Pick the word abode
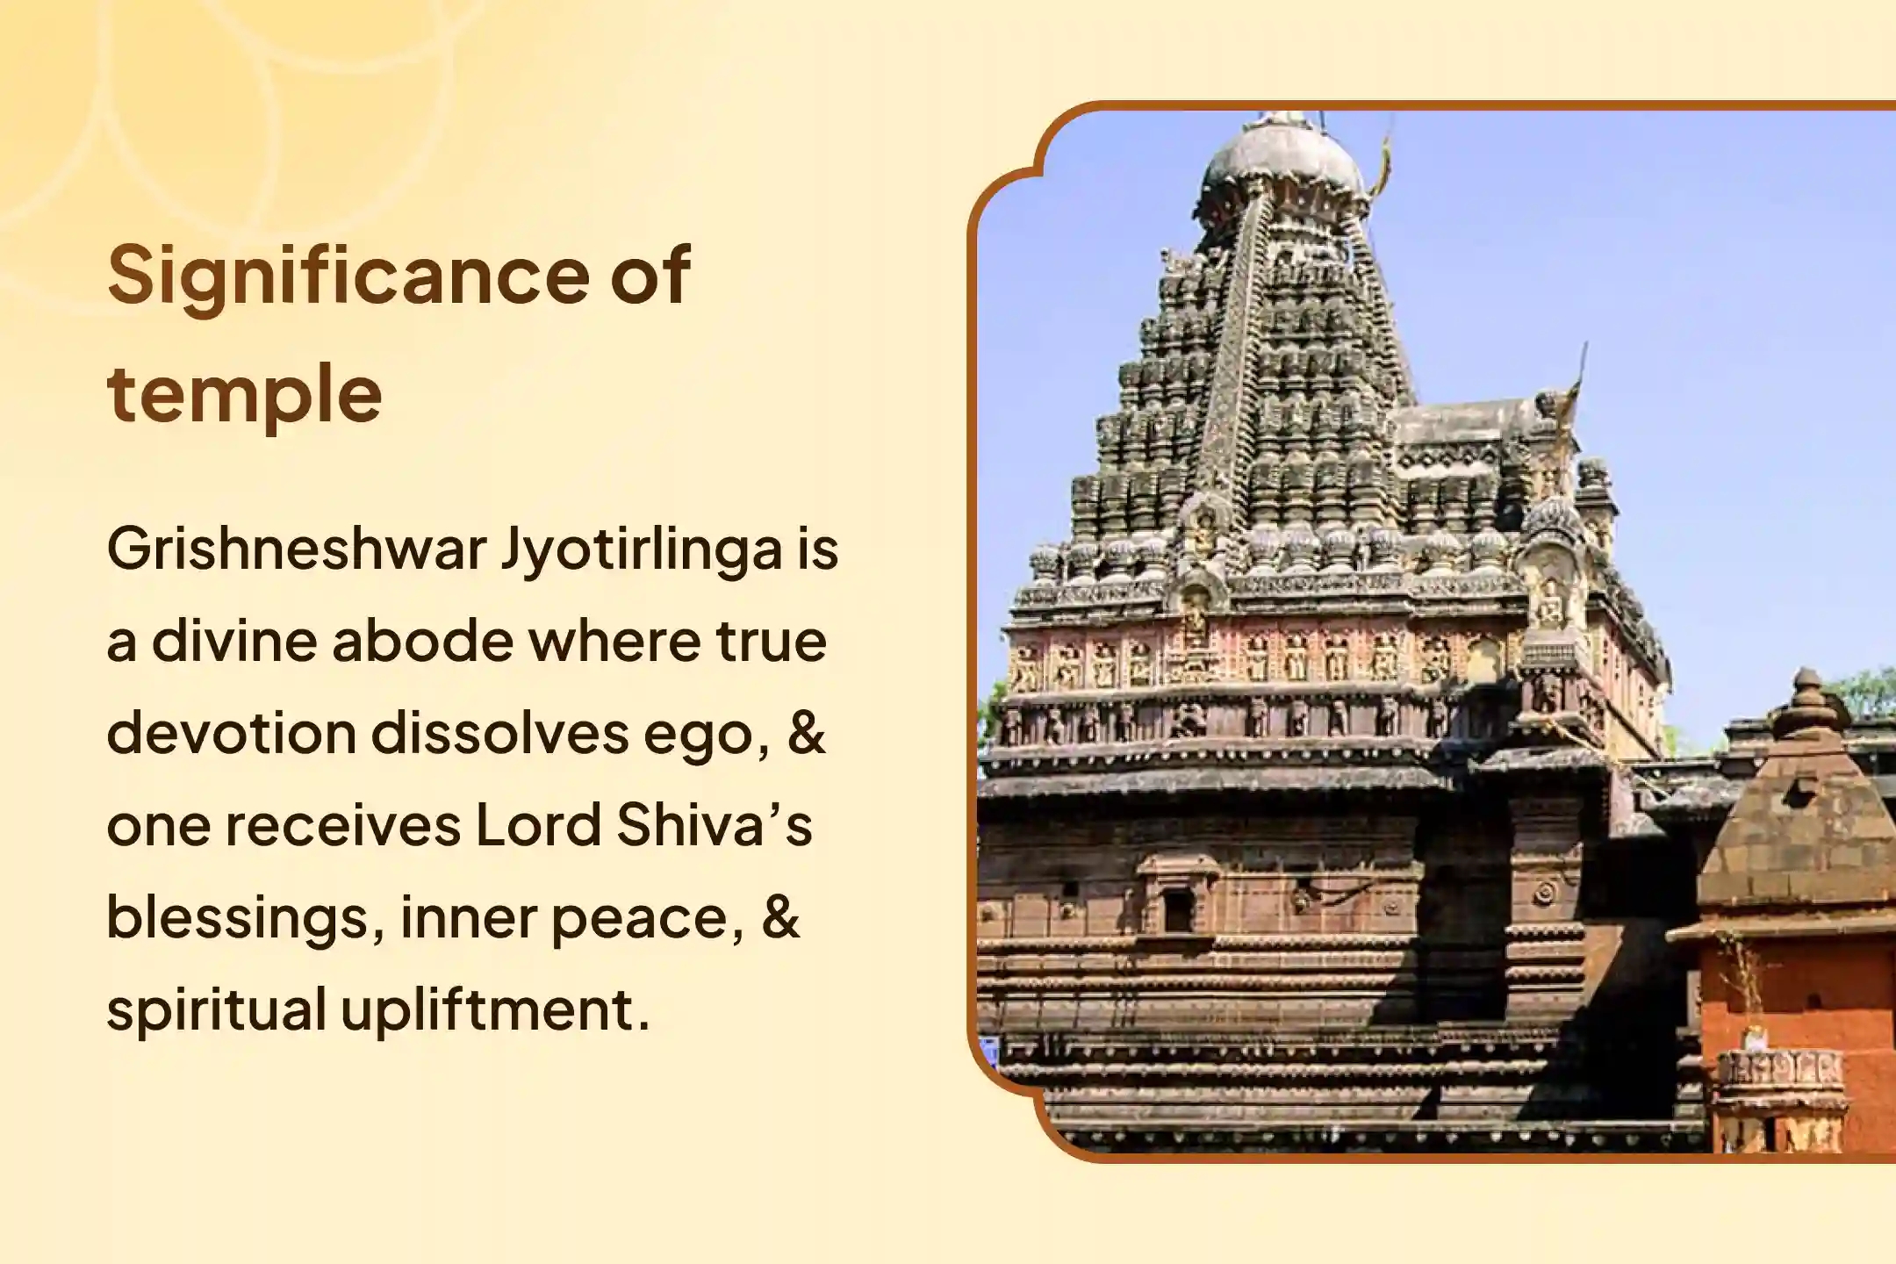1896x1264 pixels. click(x=422, y=641)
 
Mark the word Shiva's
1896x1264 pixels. click(x=714, y=825)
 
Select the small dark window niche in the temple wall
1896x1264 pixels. click(x=1178, y=911)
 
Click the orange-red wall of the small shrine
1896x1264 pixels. click(x=1791, y=1001)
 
